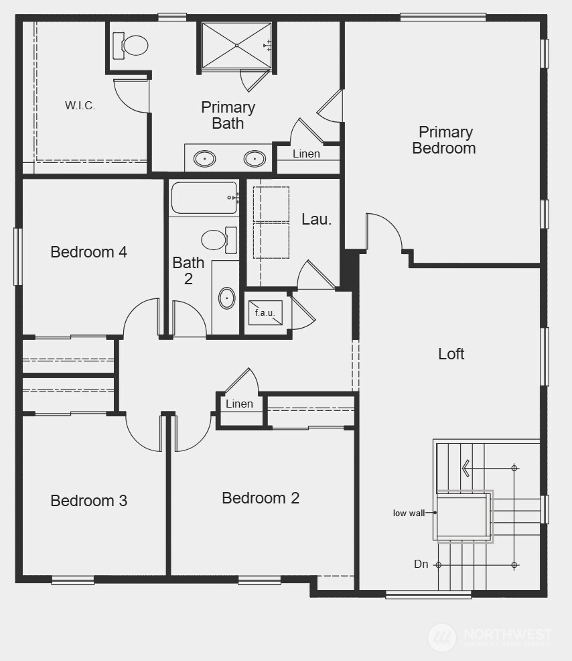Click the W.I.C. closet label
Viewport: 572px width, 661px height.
coord(80,105)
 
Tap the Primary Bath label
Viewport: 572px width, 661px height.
coord(228,115)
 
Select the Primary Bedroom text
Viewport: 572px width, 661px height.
coord(444,140)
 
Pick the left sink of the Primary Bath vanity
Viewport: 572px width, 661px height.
coord(204,159)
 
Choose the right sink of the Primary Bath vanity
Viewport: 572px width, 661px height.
coord(255,159)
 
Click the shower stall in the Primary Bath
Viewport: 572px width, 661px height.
coord(236,45)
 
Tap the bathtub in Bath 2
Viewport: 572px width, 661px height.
coord(204,198)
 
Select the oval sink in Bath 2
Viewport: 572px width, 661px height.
coord(227,298)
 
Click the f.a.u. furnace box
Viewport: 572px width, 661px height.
coord(265,312)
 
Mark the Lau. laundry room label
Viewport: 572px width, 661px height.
coord(316,219)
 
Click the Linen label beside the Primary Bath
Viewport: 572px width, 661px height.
coord(306,154)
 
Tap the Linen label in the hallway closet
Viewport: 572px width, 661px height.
coord(239,404)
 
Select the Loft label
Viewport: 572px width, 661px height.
coord(451,353)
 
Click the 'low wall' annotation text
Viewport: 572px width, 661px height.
coord(409,513)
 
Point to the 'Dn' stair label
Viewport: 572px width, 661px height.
coord(421,564)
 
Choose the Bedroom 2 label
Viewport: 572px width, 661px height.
coord(261,498)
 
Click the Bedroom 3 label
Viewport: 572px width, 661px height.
coord(89,501)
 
